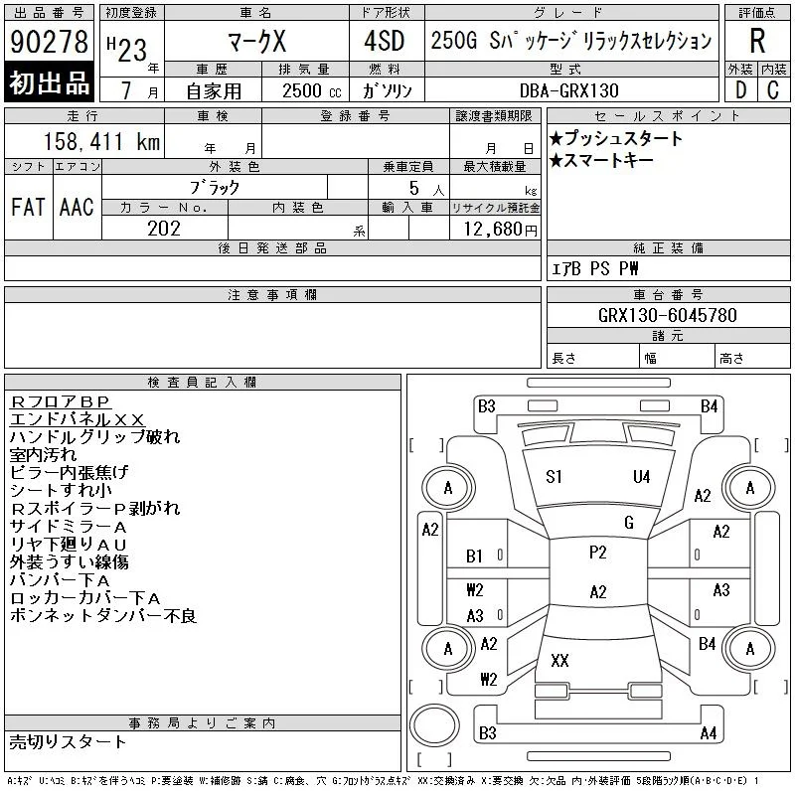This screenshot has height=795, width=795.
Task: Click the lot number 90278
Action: (x=49, y=41)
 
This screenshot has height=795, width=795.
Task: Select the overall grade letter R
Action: (x=757, y=41)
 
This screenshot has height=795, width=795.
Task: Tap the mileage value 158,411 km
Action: (x=101, y=141)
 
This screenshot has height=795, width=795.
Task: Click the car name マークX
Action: (x=257, y=41)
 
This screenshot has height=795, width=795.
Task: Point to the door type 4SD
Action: (x=385, y=41)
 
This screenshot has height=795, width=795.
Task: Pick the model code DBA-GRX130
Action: (x=568, y=90)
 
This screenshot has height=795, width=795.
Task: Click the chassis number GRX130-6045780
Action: (x=667, y=315)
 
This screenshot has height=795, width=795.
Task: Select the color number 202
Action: (x=164, y=229)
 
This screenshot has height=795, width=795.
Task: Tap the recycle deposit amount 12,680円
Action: (x=500, y=230)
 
